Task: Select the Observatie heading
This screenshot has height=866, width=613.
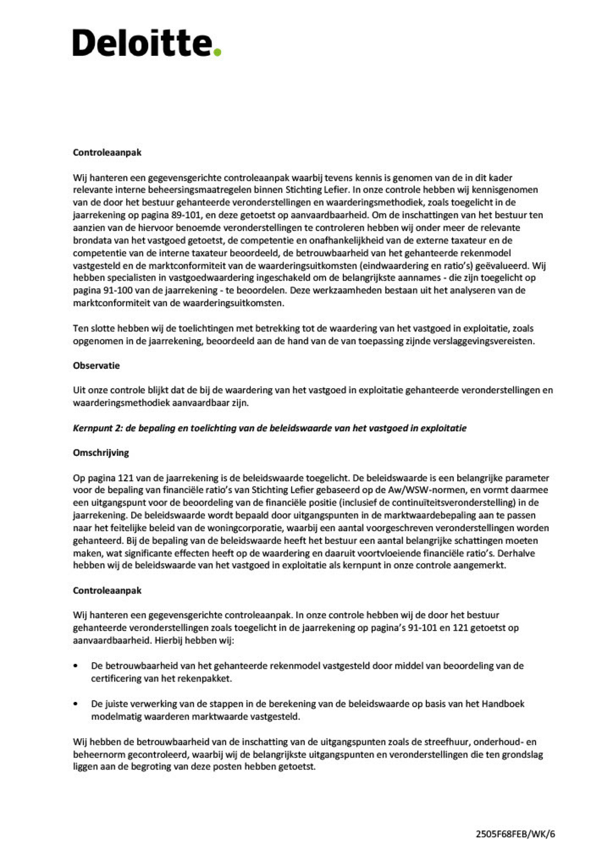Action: (96, 366)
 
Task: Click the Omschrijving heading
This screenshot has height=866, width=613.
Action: (101, 453)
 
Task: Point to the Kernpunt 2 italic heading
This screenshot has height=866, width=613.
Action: (269, 428)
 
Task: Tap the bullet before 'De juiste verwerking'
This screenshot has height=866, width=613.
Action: (77, 704)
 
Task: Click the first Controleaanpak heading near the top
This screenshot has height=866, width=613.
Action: (107, 152)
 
